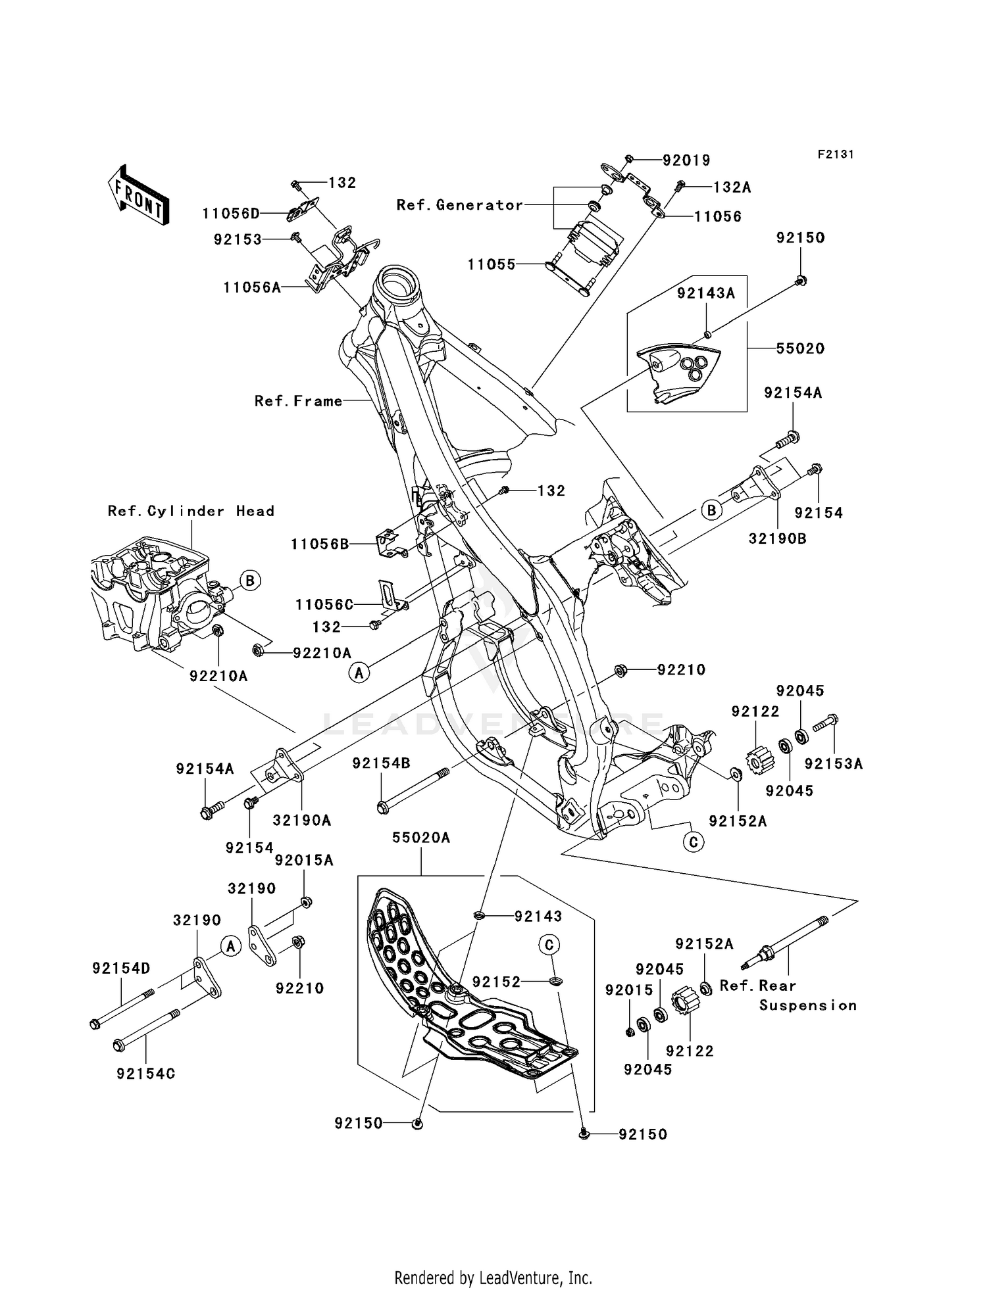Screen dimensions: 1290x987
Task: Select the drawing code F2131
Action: (x=835, y=155)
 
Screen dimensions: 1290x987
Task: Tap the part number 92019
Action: (x=686, y=160)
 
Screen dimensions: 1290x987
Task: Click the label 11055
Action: (x=491, y=264)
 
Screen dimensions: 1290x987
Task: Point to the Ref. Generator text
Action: (x=459, y=205)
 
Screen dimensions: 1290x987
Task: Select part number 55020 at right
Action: (x=799, y=348)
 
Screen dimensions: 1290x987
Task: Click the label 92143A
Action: (x=705, y=294)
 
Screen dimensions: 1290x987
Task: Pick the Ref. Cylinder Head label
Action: (x=191, y=511)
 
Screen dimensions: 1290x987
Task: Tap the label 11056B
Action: (x=320, y=544)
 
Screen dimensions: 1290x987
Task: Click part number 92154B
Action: (x=381, y=763)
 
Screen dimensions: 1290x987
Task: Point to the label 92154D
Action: (x=121, y=968)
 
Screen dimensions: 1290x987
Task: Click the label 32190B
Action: (x=777, y=538)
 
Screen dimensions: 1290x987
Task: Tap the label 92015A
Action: (x=304, y=860)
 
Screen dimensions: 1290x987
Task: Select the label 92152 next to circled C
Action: (x=495, y=982)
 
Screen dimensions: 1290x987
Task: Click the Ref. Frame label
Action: (x=298, y=401)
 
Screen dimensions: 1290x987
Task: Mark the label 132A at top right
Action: (x=732, y=187)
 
